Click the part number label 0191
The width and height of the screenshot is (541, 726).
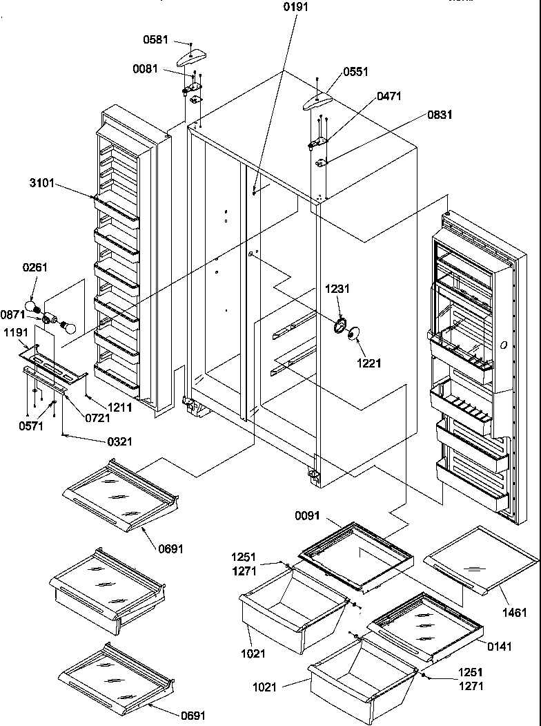pos(295,8)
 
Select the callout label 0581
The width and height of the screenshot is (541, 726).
pos(155,40)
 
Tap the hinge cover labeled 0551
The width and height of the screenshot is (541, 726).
pos(318,99)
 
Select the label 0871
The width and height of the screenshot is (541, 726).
pos(14,314)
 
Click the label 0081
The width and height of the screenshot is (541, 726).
pos(146,68)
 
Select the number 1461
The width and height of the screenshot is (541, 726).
pos(514,612)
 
